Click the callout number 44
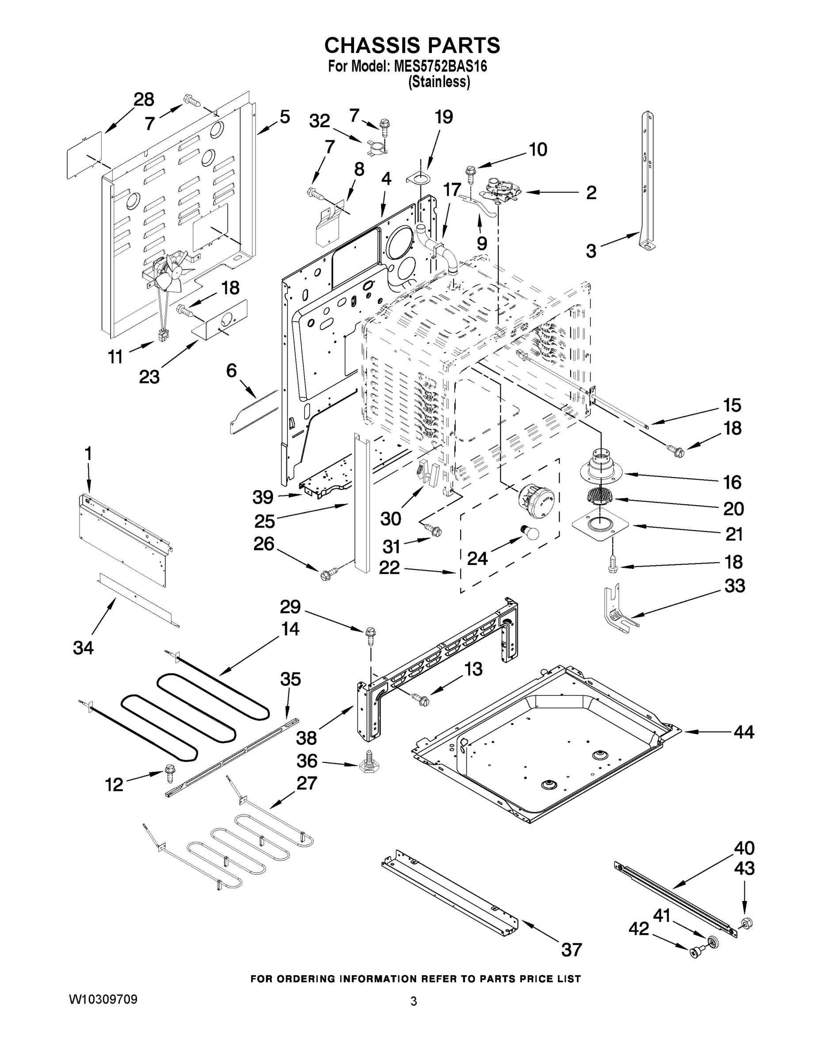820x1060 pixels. click(x=744, y=731)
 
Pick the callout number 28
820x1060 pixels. click(x=144, y=99)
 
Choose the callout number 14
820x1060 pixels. click(x=290, y=629)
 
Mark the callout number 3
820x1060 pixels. click(x=590, y=251)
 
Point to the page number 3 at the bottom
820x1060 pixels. click(x=413, y=1001)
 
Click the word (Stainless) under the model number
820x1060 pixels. click(x=439, y=82)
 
